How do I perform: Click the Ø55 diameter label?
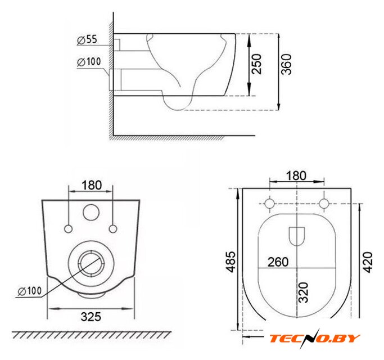pos(87,40)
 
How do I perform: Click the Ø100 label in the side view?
pos(89,62)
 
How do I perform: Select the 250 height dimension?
pos(256,64)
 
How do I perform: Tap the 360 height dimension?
pos(287,64)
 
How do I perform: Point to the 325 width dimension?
pos(91,317)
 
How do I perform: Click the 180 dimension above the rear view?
pos(92,185)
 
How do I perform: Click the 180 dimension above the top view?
pos(296,175)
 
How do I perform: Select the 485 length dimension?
pos(231,262)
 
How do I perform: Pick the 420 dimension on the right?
pos(368,262)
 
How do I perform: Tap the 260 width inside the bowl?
pos(278,262)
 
